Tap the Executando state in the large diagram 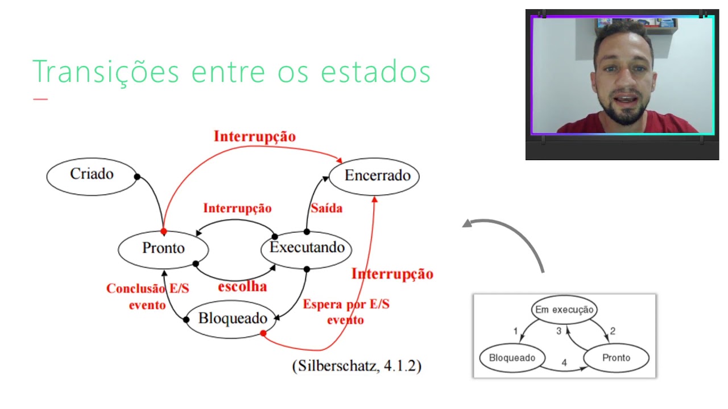point(307,248)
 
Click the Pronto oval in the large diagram point(163,249)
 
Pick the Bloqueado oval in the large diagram point(232,319)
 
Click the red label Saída point(326,208)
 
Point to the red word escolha point(242,286)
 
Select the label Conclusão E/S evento point(147,297)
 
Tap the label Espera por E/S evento point(346,312)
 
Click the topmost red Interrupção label point(255,136)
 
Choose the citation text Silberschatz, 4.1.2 point(357,366)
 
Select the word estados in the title point(375,72)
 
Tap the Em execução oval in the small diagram point(564,310)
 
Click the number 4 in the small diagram point(564,362)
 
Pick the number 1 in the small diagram point(515,331)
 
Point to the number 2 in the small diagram point(613,331)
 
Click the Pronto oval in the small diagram point(617,358)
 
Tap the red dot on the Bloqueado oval point(263,333)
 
